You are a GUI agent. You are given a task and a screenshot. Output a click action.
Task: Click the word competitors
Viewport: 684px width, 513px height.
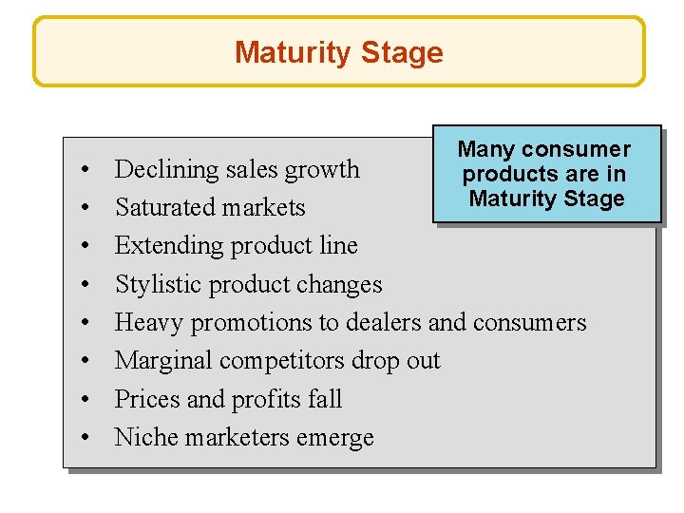point(286,361)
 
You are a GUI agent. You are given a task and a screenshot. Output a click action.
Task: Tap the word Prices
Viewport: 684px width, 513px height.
point(147,399)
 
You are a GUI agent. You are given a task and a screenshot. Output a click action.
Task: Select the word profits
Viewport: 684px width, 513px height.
point(264,399)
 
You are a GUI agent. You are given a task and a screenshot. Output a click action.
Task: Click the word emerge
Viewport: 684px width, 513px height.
point(334,437)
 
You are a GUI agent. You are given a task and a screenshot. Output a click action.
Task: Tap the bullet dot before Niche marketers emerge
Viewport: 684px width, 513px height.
point(85,438)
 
